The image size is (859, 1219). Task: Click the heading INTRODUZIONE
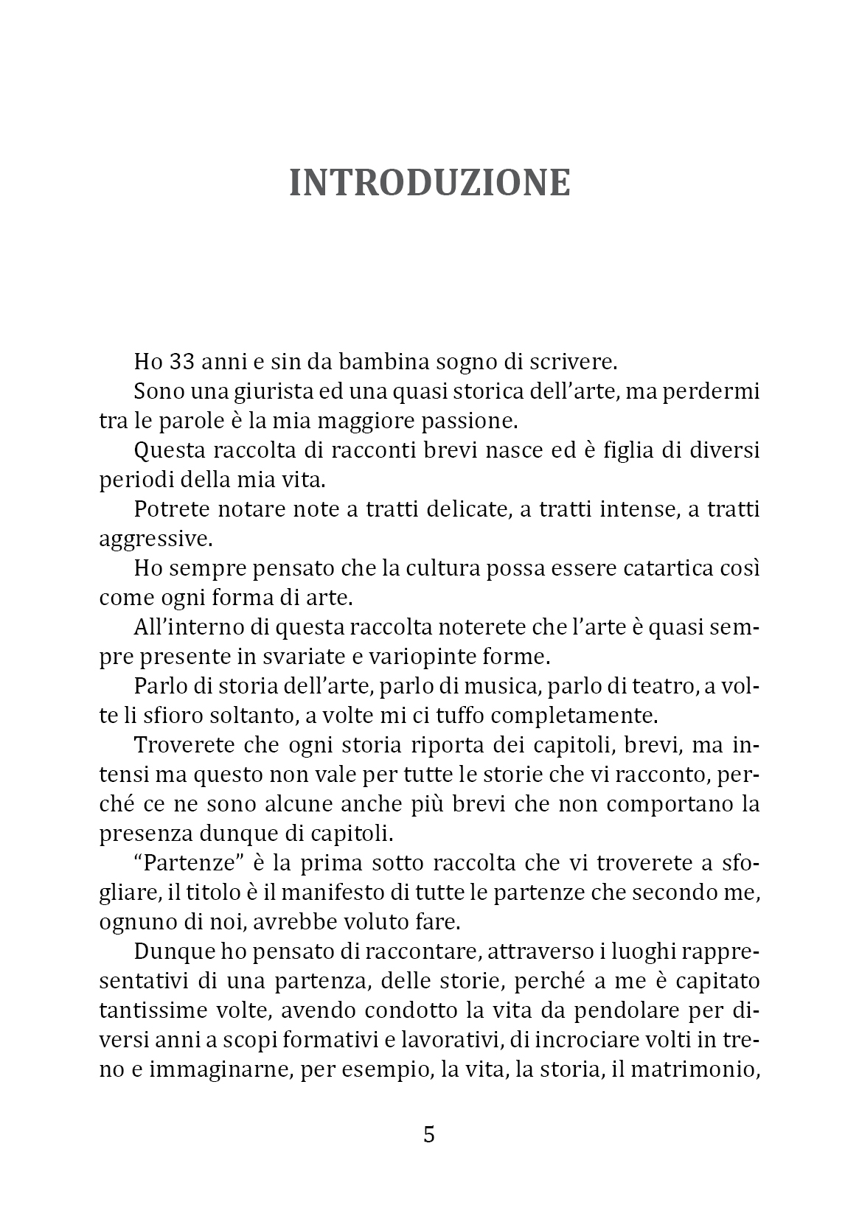pyautogui.click(x=429, y=184)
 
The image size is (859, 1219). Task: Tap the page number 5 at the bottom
pyautogui.click(x=429, y=1134)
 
